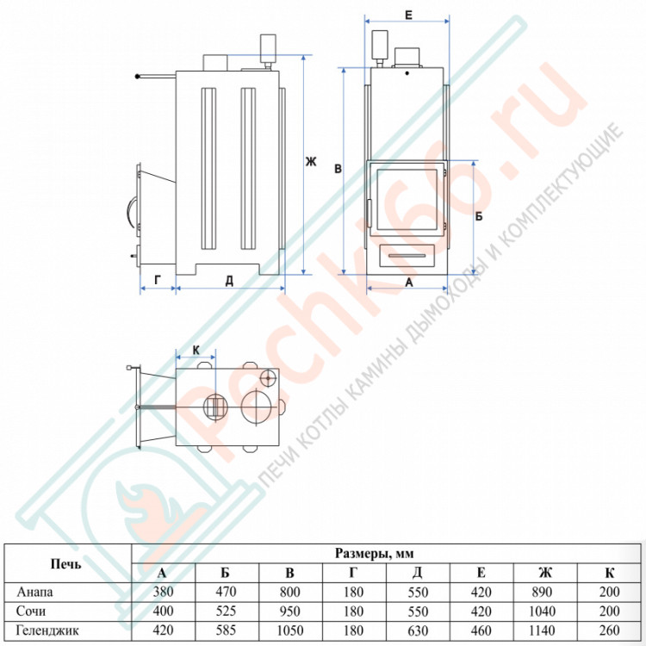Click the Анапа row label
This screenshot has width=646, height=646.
point(35,592)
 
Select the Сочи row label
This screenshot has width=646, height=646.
point(30,611)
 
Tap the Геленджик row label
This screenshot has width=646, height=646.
point(47,630)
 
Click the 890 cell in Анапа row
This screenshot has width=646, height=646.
point(542,592)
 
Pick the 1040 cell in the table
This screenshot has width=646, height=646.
point(542,611)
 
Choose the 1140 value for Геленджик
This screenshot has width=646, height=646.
point(542,630)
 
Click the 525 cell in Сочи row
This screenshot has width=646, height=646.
point(226,611)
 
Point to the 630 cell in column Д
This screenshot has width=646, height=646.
point(418,630)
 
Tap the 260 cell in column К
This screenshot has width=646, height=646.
point(609,630)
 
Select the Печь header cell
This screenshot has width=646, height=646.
point(66,563)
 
